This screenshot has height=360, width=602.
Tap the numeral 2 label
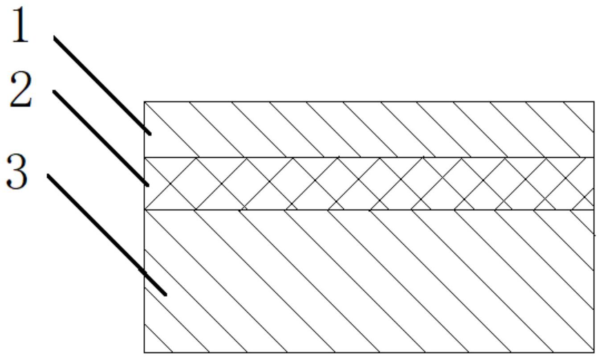(x=21, y=91)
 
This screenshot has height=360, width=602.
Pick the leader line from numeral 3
(x=107, y=234)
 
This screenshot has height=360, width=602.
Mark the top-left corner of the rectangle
(x=144, y=102)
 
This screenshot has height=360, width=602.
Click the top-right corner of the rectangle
(x=594, y=102)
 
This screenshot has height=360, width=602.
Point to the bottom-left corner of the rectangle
(x=144, y=352)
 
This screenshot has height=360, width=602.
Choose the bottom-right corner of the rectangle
(x=594, y=352)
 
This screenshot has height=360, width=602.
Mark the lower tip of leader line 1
(x=150, y=133)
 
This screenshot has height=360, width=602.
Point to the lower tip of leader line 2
(x=147, y=185)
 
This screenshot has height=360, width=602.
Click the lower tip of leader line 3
(x=165, y=294)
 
